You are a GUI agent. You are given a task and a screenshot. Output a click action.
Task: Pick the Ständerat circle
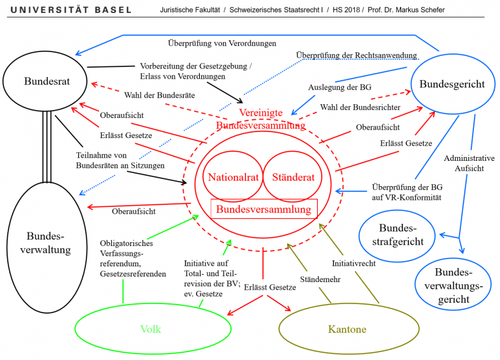click(290, 176)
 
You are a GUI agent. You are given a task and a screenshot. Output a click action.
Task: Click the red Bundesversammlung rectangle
click(264, 209)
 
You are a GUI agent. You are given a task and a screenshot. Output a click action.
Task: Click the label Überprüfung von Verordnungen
click(222, 44)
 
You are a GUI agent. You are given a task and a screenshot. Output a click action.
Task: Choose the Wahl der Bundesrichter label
click(360, 107)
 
